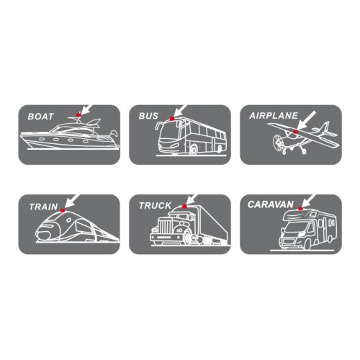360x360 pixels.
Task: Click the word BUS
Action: click(x=148, y=115)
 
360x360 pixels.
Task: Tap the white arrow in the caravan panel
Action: click(x=309, y=200)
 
